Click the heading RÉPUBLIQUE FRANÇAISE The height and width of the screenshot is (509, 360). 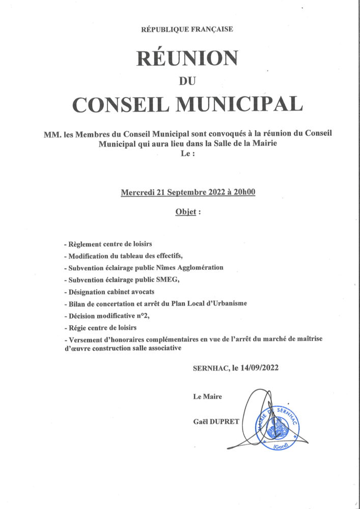coord(187,30)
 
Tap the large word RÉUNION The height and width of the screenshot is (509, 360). coord(187,58)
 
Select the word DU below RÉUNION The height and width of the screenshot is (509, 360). coord(187,80)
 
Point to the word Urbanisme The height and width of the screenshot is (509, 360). coord(227,303)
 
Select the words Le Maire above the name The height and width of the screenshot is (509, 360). coord(207,396)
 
